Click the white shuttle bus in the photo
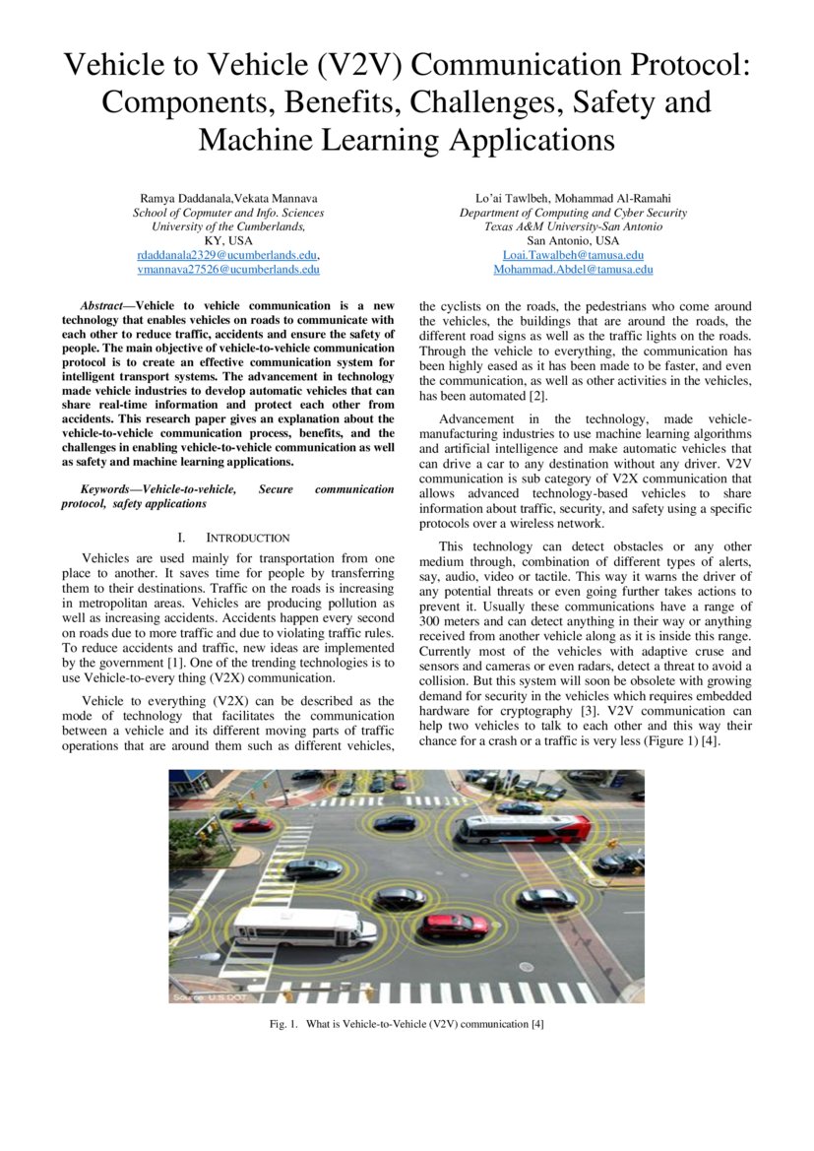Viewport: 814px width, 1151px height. tap(303, 926)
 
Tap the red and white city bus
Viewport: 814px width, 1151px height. tap(522, 828)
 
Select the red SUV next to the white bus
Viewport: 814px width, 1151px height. tap(455, 925)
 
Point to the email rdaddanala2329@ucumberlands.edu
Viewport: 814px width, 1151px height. tap(227, 255)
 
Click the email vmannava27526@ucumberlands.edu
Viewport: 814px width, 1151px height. tap(228, 269)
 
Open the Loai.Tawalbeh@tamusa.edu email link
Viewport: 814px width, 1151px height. tap(573, 255)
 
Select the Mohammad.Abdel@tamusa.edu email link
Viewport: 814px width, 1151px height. tap(573, 269)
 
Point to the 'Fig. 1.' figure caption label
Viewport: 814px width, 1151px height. tap(283, 1024)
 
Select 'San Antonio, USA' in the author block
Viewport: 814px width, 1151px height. tap(573, 240)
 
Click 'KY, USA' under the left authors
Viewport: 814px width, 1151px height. tap(228, 240)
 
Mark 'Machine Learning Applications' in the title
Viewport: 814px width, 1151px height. tap(407, 140)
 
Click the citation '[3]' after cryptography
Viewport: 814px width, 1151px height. tap(586, 711)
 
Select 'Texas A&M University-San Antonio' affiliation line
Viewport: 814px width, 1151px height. tap(573, 226)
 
